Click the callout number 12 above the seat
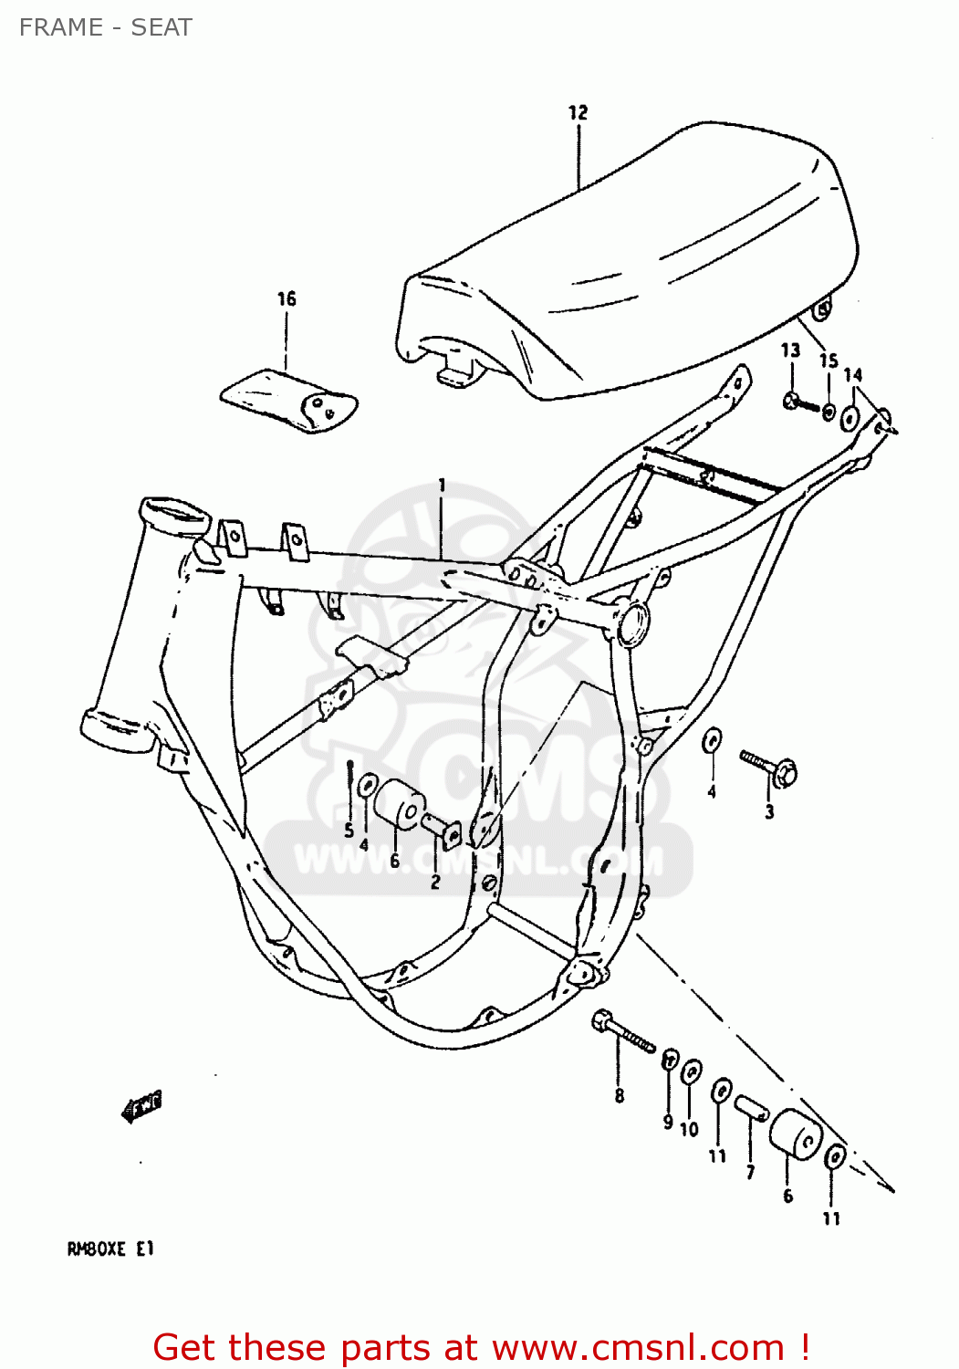pyautogui.click(x=578, y=112)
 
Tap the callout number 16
pyautogui.click(x=287, y=298)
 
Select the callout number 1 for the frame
pyautogui.click(x=442, y=485)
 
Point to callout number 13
pyautogui.click(x=790, y=350)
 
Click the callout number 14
pyautogui.click(x=852, y=375)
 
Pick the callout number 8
pyautogui.click(x=620, y=1096)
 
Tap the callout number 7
pyautogui.click(x=750, y=1172)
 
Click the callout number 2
pyautogui.click(x=435, y=882)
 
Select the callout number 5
pyautogui.click(x=349, y=830)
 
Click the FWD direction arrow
pyautogui.click(x=141, y=1106)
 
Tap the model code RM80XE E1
pyautogui.click(x=110, y=1249)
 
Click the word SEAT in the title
pyautogui.click(x=162, y=27)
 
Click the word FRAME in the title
pyautogui.click(x=61, y=27)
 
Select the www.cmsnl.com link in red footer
pyautogui.click(x=638, y=1347)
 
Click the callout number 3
pyautogui.click(x=769, y=811)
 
